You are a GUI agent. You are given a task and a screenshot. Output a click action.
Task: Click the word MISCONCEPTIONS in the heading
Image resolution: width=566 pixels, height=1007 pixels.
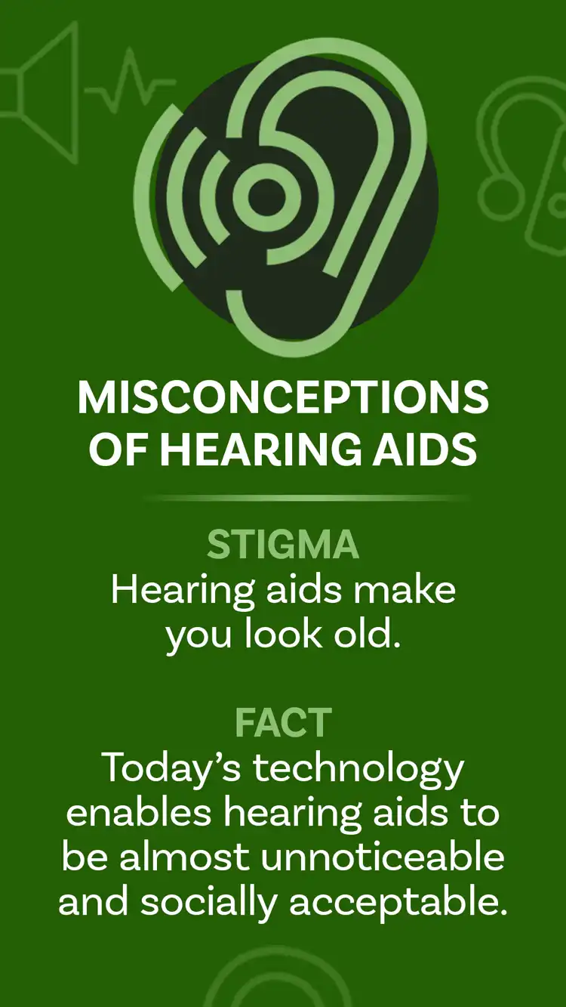[x=283, y=398]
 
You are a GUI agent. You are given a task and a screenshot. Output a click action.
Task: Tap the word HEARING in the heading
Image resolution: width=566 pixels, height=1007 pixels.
[x=248, y=449]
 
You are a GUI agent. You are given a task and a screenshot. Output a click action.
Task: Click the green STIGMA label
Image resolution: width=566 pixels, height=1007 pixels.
[x=283, y=545]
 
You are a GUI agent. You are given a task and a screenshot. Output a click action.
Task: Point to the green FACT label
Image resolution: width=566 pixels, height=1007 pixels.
[x=283, y=723]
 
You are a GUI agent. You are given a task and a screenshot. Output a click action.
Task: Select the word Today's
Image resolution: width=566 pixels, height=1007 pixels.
[x=172, y=768]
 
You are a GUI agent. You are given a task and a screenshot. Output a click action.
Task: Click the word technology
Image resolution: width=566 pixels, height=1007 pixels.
[x=358, y=769]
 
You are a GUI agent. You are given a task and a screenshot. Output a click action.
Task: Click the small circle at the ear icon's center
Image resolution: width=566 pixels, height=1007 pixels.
[x=261, y=196]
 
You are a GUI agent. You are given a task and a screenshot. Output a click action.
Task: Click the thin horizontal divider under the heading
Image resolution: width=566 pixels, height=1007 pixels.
[x=306, y=499]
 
